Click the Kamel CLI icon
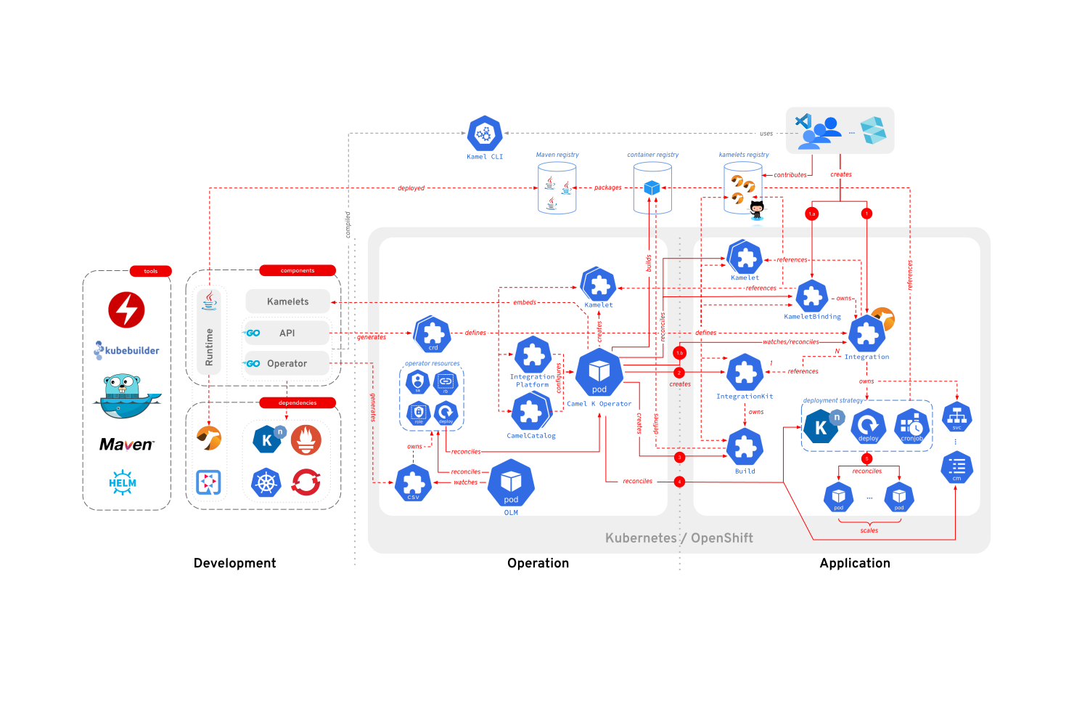tap(484, 134)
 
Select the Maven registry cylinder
tap(557, 188)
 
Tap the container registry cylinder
tap(652, 188)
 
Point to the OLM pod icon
tap(511, 483)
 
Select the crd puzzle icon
tap(433, 334)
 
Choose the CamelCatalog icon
tap(531, 412)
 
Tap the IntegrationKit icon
tap(745, 373)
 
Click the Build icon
tap(745, 447)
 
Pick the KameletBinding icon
tap(812, 296)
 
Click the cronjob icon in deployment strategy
tap(911, 426)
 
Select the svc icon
tap(956, 417)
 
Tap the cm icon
tap(956, 467)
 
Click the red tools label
tap(150, 271)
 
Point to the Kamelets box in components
tap(287, 301)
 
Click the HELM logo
tap(123, 482)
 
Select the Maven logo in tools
tap(126, 445)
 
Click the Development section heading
tap(234, 563)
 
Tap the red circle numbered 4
tap(679, 482)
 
